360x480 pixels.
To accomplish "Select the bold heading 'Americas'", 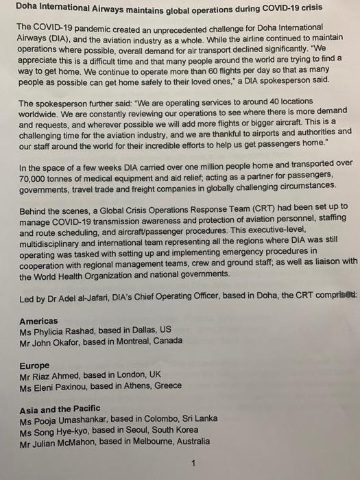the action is pos(39,321).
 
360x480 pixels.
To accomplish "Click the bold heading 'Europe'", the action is pos(34,365).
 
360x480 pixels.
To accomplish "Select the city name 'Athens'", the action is pos(134,387).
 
